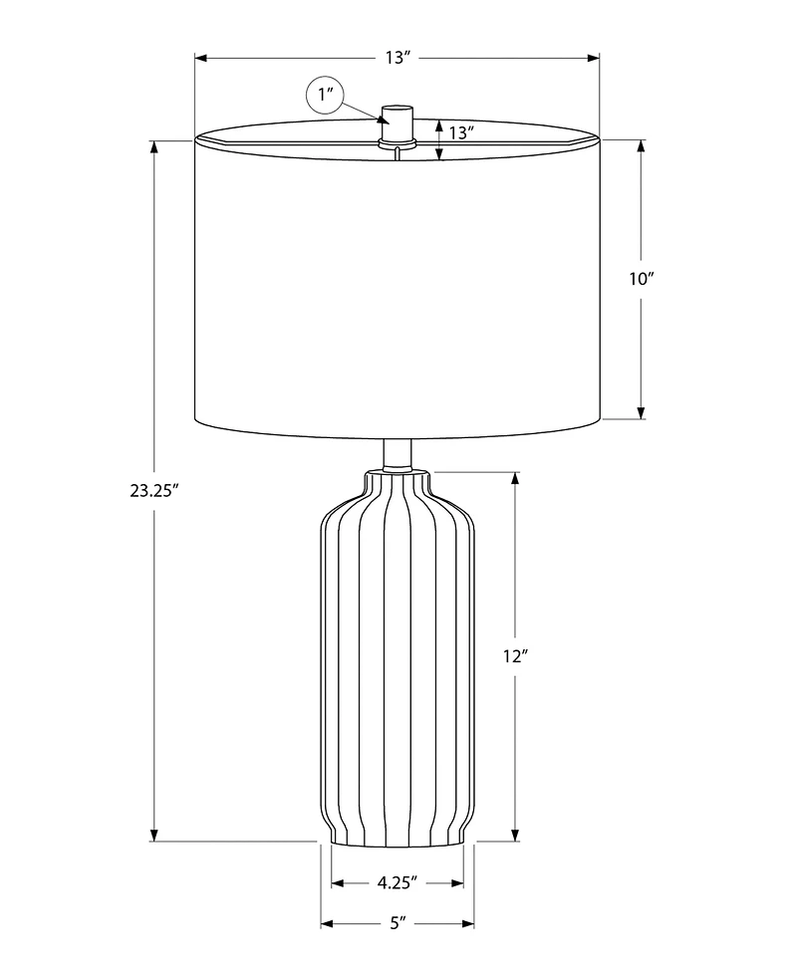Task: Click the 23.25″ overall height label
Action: (x=152, y=490)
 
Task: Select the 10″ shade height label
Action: (x=640, y=279)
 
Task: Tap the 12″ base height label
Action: (x=514, y=655)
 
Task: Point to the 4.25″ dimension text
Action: (x=398, y=882)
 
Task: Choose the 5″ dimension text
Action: (x=398, y=923)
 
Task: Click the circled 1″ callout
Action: (x=325, y=97)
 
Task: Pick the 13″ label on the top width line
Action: (x=398, y=58)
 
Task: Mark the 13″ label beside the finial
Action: (x=460, y=131)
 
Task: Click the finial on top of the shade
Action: (x=398, y=122)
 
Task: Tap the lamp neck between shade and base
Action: (x=398, y=453)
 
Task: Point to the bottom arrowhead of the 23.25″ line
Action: (x=154, y=834)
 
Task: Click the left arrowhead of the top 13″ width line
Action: (x=201, y=58)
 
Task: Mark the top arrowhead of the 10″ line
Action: (x=641, y=146)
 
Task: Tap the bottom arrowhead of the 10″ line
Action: (x=641, y=411)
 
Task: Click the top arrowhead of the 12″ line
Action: (x=515, y=479)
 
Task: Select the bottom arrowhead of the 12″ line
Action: (x=515, y=834)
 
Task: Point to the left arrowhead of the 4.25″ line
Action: (x=338, y=882)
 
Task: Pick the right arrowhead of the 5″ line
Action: (x=467, y=923)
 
